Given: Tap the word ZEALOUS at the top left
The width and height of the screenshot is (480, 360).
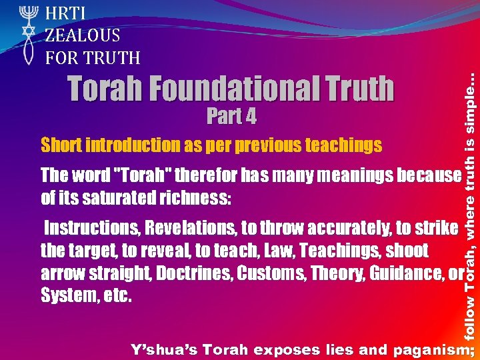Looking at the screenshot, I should pos(82,35).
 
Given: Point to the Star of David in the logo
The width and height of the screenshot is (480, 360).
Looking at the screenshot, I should pos(27,32).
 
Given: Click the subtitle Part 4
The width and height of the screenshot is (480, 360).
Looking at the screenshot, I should pos(231,117).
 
